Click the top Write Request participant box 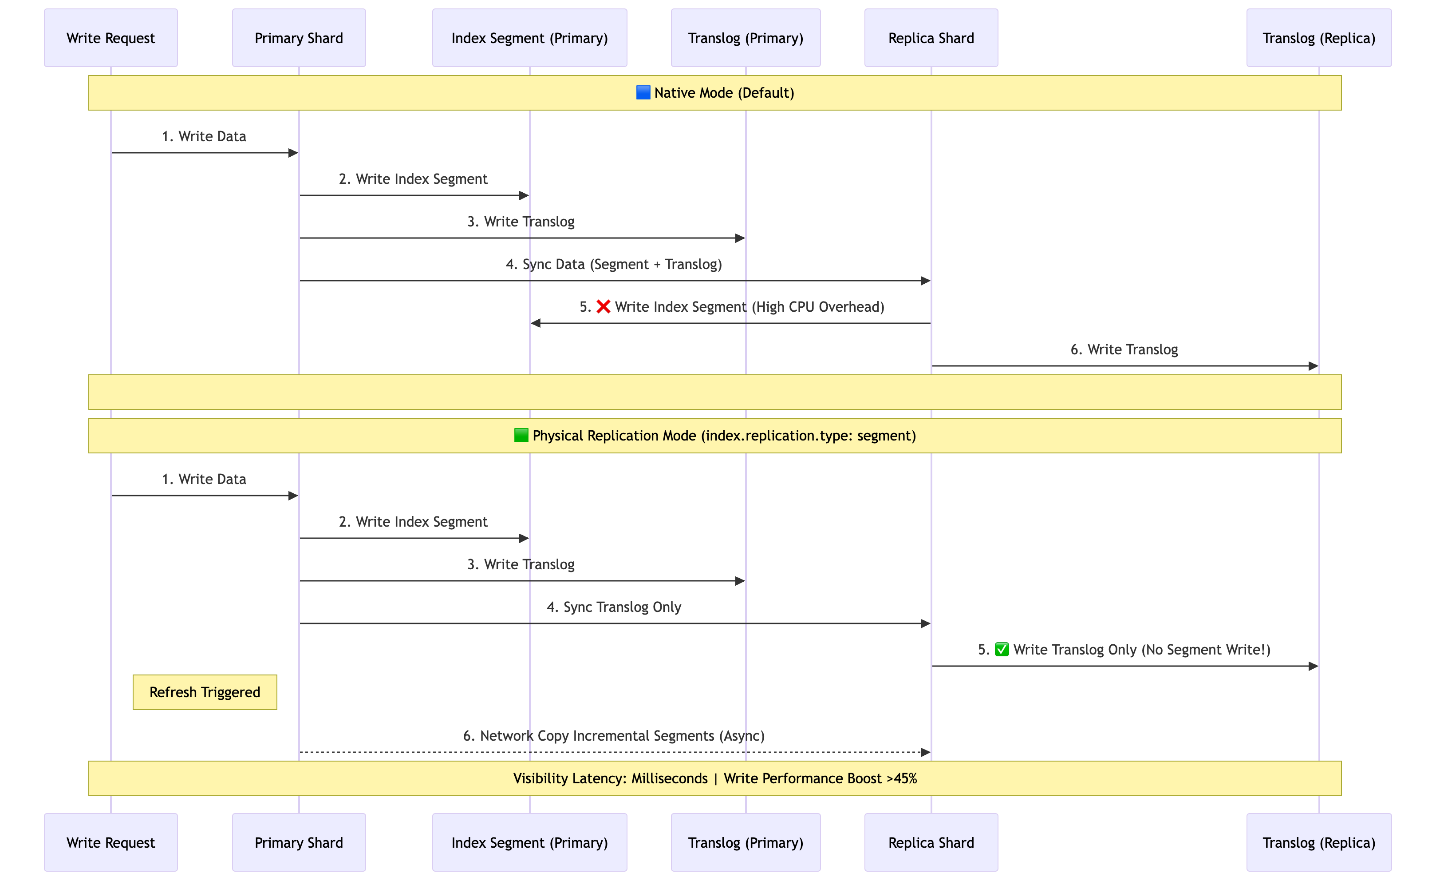click(x=111, y=38)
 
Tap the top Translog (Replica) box click(x=1318, y=38)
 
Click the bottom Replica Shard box click(x=931, y=842)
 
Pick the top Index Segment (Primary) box click(x=529, y=38)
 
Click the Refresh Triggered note click(x=205, y=692)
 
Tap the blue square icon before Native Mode click(x=643, y=93)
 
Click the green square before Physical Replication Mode click(x=521, y=436)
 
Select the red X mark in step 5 click(x=603, y=307)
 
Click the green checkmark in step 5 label click(x=1001, y=650)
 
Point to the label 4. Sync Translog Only click(x=614, y=607)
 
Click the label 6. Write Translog click(x=1124, y=349)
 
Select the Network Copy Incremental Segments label click(x=614, y=736)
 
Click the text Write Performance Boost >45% click(x=820, y=778)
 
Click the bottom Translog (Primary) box click(x=746, y=842)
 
